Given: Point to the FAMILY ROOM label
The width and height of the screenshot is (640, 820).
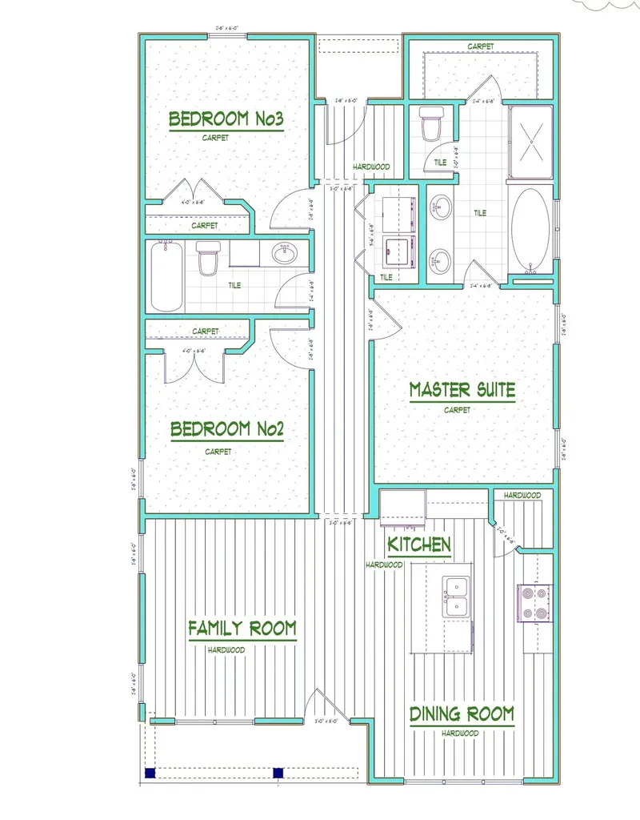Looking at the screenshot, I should pos(242,629).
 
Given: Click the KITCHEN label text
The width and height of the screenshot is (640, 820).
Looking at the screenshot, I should pos(419,545).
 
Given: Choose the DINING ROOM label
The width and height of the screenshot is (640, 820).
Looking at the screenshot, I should pos(462,714).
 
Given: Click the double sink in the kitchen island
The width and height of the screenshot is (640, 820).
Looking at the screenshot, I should pos(457,597).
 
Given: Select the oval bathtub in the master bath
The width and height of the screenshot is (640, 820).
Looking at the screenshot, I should pos(530,229).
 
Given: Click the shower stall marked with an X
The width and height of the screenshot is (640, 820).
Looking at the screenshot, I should pos(530,142).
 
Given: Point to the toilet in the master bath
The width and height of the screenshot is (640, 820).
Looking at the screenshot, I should pos(430,125).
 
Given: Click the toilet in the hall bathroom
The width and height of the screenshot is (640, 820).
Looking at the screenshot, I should pos(208,259).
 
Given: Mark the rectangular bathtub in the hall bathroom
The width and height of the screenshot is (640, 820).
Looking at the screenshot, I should pos(167,276).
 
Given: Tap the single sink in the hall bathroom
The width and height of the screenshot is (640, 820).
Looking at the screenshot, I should pos(284,255).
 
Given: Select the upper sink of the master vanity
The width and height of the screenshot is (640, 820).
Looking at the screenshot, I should pos(438,211).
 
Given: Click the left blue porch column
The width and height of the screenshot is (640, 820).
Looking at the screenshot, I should pos(150,773).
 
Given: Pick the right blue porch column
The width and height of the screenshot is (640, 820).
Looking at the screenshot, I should pos(278,773).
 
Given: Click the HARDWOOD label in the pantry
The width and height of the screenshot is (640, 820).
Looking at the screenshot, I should pos(522,496).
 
